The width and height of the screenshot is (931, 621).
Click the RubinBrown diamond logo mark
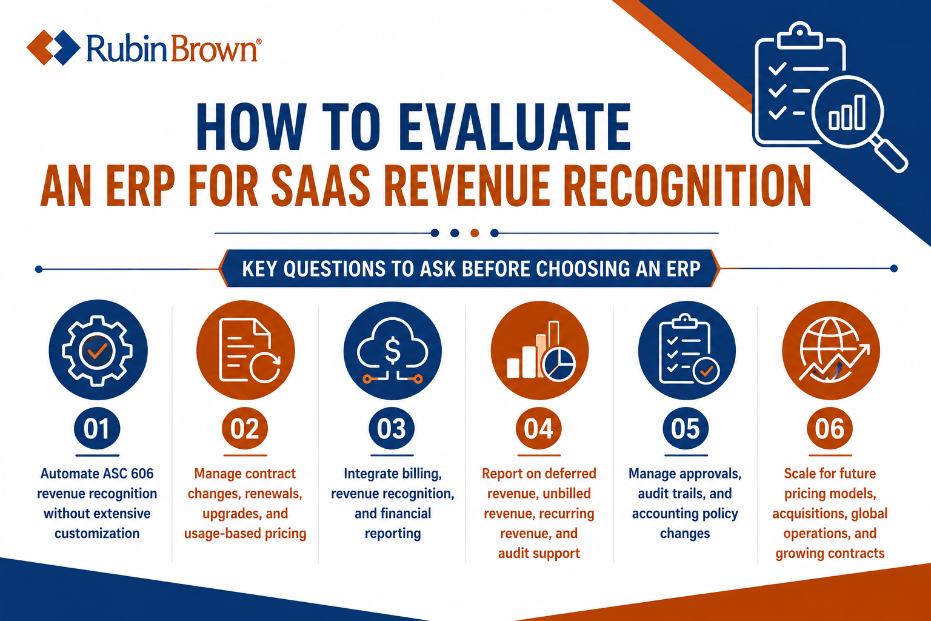tap(53, 47)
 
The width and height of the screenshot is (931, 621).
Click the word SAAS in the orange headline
tap(320, 186)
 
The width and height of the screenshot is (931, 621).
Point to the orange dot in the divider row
tap(475, 233)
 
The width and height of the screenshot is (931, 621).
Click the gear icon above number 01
tap(97, 351)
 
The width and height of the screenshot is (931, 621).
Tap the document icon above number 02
tap(249, 351)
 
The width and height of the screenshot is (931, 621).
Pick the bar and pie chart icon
tap(540, 351)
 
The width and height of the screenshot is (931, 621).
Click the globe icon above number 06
tap(833, 349)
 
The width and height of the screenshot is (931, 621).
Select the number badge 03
tap(392, 428)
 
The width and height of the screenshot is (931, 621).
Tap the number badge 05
tap(686, 428)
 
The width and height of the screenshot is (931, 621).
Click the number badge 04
tap(539, 428)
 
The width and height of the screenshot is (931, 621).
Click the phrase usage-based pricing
tap(245, 533)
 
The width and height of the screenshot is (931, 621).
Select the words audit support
tap(539, 553)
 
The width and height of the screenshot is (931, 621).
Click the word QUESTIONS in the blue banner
tap(335, 269)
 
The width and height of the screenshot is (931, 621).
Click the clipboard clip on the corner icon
tap(799, 36)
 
